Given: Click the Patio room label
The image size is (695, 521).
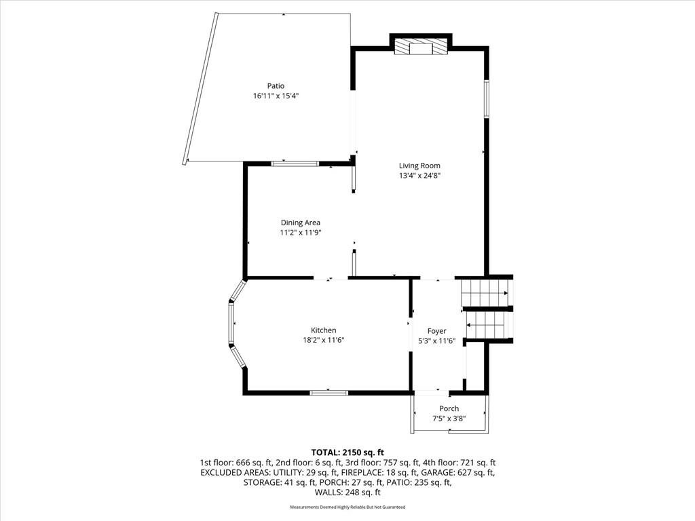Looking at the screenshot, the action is click(x=276, y=86).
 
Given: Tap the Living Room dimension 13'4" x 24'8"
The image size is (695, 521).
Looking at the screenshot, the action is click(x=419, y=176).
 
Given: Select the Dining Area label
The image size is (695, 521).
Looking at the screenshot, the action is click(x=301, y=223).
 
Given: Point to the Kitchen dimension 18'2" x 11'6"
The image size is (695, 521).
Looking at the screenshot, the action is click(x=324, y=341).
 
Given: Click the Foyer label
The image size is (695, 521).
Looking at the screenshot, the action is click(x=436, y=331).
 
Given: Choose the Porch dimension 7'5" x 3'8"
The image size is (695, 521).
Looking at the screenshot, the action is click(x=449, y=418).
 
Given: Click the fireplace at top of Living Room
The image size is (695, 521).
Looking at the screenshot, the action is click(x=421, y=47).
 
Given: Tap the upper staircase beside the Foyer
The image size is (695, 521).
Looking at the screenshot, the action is click(x=485, y=292).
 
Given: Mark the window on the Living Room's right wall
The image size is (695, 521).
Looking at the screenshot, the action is click(x=486, y=98).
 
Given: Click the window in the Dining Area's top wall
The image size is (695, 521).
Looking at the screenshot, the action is click(x=295, y=164).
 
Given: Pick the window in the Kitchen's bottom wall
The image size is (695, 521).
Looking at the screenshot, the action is click(x=329, y=393).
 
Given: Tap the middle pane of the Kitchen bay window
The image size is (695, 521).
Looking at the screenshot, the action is click(x=231, y=324).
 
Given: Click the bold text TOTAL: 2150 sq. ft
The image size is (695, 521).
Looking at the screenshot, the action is click(x=347, y=452).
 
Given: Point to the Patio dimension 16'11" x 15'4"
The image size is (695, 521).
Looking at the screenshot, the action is click(x=276, y=96).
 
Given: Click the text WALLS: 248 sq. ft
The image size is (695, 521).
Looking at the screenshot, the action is click(x=347, y=493).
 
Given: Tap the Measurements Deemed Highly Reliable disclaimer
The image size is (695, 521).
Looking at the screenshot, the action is click(x=347, y=507).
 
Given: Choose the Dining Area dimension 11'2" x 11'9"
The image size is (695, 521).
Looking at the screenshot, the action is click(x=301, y=233).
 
